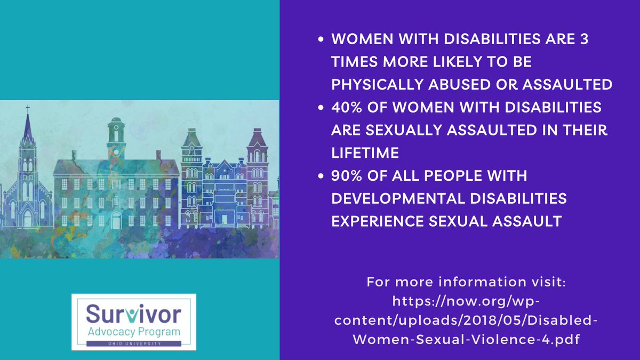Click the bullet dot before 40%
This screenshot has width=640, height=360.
coord(321,108)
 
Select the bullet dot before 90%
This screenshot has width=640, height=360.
coord(321,175)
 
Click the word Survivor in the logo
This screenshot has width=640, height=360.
coord(134,315)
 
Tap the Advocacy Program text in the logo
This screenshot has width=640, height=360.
coord(134,332)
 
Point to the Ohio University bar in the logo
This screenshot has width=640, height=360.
coord(134,343)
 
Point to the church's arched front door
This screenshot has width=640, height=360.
coord(27,218)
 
